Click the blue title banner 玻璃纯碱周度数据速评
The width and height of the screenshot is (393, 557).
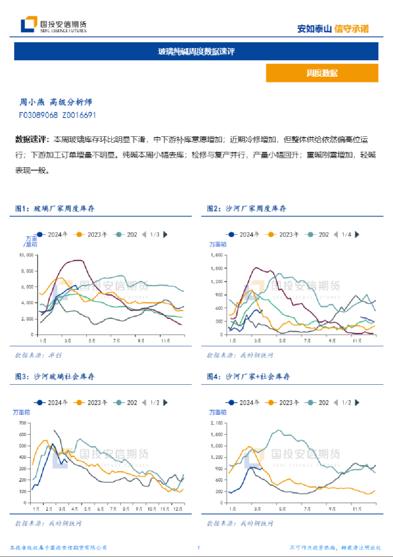tap(196, 51)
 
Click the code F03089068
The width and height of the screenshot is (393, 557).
tap(38, 115)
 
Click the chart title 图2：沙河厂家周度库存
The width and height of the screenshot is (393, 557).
tap(246, 209)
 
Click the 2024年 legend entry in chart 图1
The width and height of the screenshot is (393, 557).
tap(59, 235)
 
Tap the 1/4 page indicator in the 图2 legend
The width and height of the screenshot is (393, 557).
tap(346, 235)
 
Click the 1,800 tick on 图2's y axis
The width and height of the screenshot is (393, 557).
tap(219, 255)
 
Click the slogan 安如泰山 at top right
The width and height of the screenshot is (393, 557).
tap(314, 28)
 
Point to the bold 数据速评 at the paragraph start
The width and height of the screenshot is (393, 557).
tap(32, 138)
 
